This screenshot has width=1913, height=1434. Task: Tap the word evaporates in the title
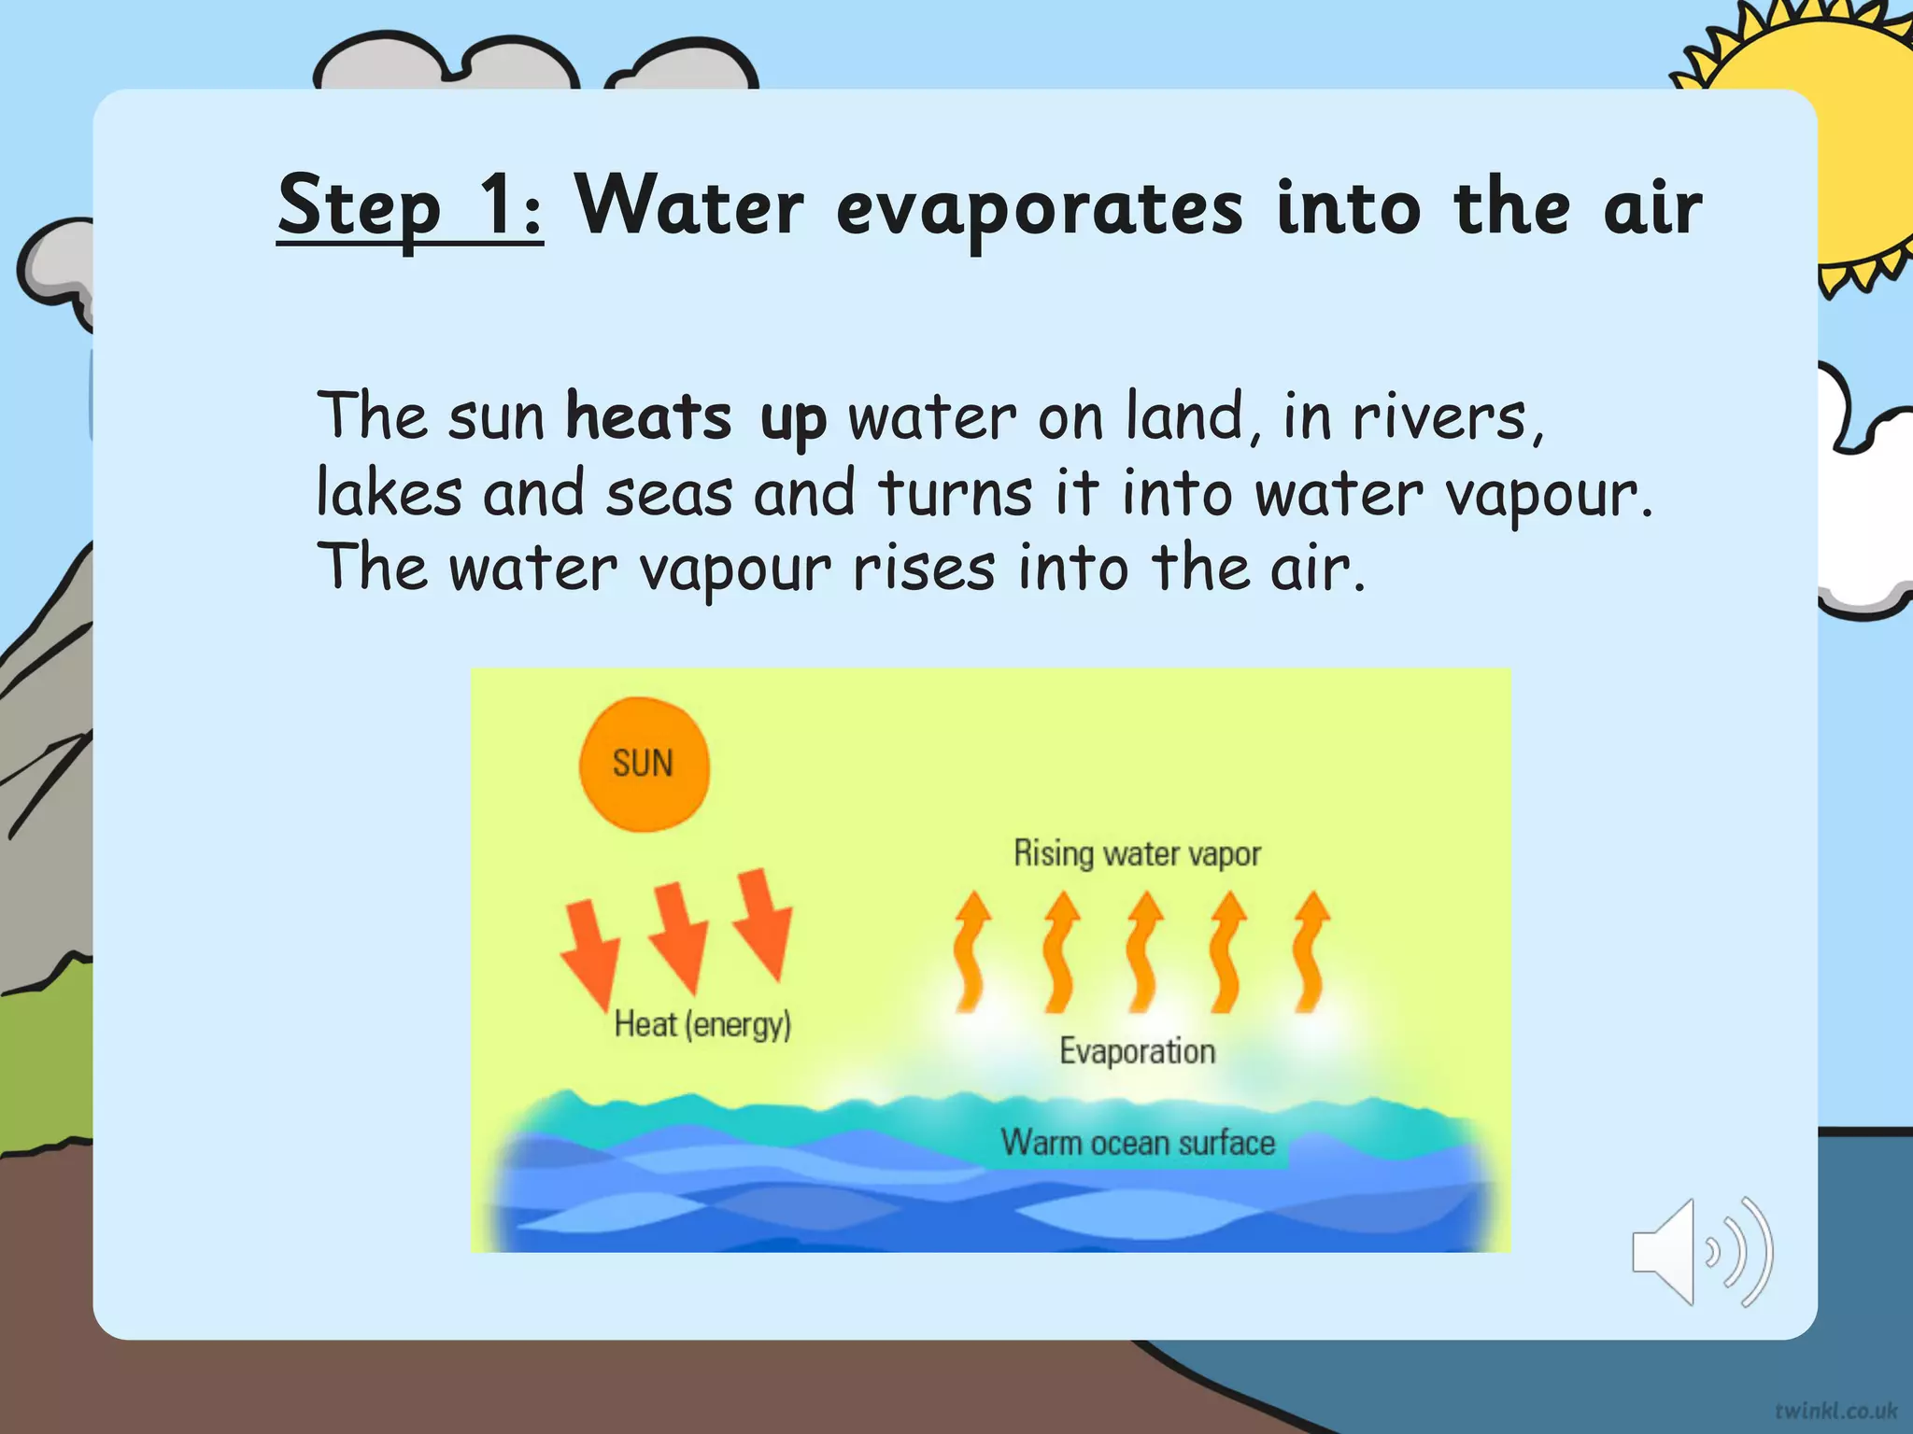point(1039,209)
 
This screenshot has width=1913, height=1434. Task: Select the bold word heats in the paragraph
point(649,416)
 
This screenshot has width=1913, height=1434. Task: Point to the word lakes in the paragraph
point(389,492)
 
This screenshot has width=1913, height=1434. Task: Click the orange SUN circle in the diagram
point(644,764)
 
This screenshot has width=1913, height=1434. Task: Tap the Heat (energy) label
point(702,1025)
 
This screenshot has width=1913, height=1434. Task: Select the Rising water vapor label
point(1137,853)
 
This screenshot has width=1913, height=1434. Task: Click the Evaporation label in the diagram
point(1137,1052)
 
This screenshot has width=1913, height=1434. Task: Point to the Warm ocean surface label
point(1138,1143)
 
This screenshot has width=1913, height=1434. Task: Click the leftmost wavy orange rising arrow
point(971,952)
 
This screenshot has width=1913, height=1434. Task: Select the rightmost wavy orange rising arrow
point(1310,952)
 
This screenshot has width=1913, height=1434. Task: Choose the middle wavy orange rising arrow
point(1142,952)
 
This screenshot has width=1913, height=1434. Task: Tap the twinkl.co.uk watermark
point(1835,1410)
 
